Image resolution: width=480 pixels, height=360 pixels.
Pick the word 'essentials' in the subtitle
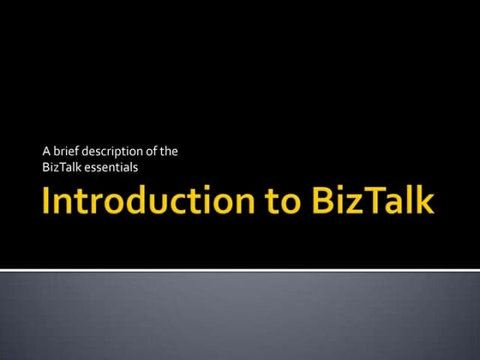coord(111,166)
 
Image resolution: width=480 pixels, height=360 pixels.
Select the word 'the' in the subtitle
coord(171,152)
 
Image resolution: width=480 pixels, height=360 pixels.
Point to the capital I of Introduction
coord(48,202)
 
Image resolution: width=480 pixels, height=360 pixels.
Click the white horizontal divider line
coord(240,270)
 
